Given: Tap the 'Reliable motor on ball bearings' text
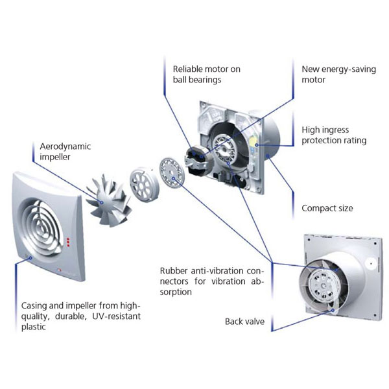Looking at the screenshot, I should (x=197, y=74).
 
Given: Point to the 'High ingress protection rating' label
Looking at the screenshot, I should (x=333, y=135).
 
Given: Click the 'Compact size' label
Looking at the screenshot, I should (x=327, y=208).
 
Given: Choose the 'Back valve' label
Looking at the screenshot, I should (x=244, y=321).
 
